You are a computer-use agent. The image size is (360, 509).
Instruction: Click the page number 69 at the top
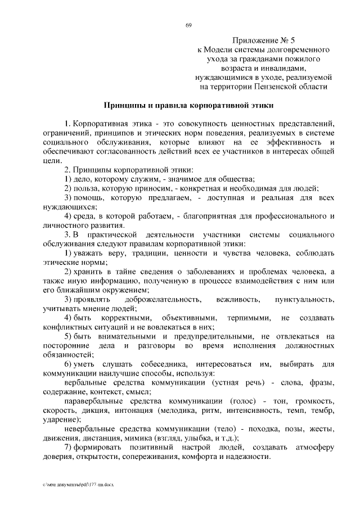click(188, 24)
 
